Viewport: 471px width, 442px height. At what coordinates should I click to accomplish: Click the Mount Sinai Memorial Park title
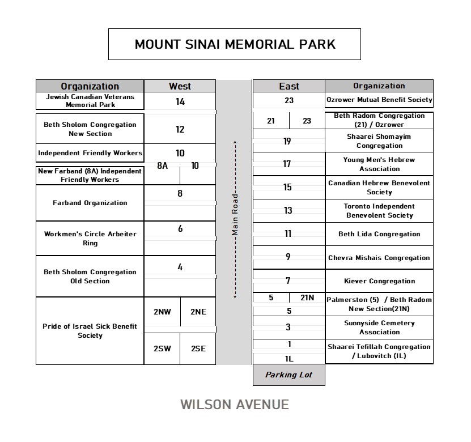pyautogui.click(x=235, y=44)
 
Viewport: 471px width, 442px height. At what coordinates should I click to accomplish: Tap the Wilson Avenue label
pyautogui.click(x=235, y=404)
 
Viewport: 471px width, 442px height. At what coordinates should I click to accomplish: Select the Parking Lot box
pyautogui.click(x=288, y=375)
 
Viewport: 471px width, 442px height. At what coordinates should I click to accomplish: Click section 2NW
pyautogui.click(x=162, y=312)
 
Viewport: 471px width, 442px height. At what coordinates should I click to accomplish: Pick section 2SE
pyautogui.click(x=198, y=348)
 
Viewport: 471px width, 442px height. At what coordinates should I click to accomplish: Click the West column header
pyautogui.click(x=180, y=86)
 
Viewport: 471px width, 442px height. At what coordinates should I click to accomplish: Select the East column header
pyautogui.click(x=288, y=86)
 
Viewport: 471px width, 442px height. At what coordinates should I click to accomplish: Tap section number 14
pyautogui.click(x=180, y=102)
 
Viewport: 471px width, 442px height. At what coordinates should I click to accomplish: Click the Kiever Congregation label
pyautogui.click(x=379, y=281)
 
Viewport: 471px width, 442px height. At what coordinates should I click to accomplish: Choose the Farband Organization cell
pyautogui.click(x=90, y=203)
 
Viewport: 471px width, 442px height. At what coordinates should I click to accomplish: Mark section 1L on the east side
pyautogui.click(x=288, y=358)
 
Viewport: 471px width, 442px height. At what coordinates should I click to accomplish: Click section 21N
pyautogui.click(x=307, y=297)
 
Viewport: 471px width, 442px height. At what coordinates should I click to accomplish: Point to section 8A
pyautogui.click(x=162, y=166)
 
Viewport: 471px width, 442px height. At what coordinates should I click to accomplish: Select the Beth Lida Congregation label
pyautogui.click(x=379, y=234)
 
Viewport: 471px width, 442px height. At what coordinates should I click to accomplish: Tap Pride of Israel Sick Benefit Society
pyautogui.click(x=90, y=331)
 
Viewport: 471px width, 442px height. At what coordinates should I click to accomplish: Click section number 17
pyautogui.click(x=287, y=164)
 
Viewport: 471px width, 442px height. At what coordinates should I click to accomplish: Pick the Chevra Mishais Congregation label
pyautogui.click(x=379, y=258)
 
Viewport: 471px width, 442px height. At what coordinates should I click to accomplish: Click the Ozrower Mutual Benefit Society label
pyautogui.click(x=379, y=100)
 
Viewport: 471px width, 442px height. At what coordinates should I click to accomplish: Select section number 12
pyautogui.click(x=180, y=129)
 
